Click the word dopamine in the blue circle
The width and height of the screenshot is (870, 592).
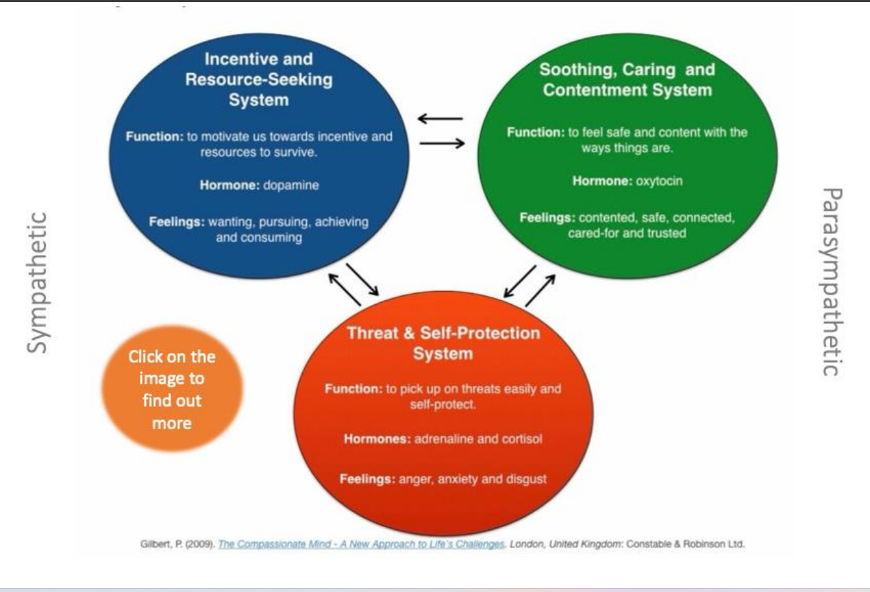292,186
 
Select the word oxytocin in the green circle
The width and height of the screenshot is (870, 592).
658,181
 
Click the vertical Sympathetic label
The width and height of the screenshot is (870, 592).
38,282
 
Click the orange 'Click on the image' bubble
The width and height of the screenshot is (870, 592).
172,389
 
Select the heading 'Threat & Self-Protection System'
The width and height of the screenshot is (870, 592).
443,343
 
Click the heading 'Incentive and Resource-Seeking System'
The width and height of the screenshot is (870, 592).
259,79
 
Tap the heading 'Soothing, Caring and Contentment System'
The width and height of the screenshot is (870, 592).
627,79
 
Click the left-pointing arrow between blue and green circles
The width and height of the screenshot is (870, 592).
441,119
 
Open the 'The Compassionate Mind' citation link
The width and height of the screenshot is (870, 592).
361,545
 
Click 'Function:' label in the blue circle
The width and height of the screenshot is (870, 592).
154,137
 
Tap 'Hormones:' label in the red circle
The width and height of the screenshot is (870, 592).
377,439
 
